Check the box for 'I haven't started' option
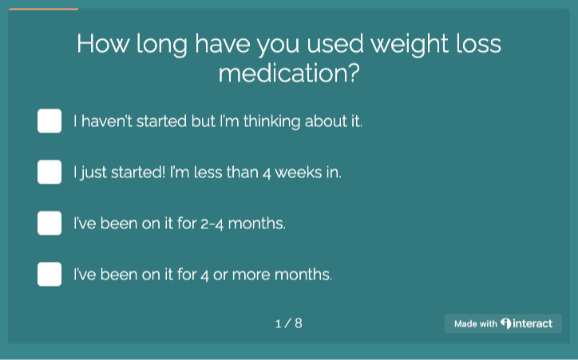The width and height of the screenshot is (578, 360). [49, 121]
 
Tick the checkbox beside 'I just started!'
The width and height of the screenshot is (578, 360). [49, 172]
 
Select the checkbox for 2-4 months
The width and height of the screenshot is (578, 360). [49, 223]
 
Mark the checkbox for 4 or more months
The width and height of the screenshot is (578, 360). [49, 274]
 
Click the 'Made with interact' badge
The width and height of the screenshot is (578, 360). [503, 323]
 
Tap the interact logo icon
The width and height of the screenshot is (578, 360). [506, 323]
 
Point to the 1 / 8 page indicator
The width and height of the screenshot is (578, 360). [289, 323]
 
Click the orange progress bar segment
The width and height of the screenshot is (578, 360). [43, 10]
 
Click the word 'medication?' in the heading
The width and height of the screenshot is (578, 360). [289, 73]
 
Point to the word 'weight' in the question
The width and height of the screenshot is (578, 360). [410, 45]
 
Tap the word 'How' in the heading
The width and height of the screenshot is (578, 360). [103, 44]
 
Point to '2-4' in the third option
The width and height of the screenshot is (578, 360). [212, 224]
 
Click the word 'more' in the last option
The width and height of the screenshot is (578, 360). [251, 275]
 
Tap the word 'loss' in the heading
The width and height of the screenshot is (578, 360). [478, 44]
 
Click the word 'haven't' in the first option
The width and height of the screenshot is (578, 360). [106, 121]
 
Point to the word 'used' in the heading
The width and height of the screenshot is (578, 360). [335, 44]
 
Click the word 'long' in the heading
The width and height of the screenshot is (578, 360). [162, 45]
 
